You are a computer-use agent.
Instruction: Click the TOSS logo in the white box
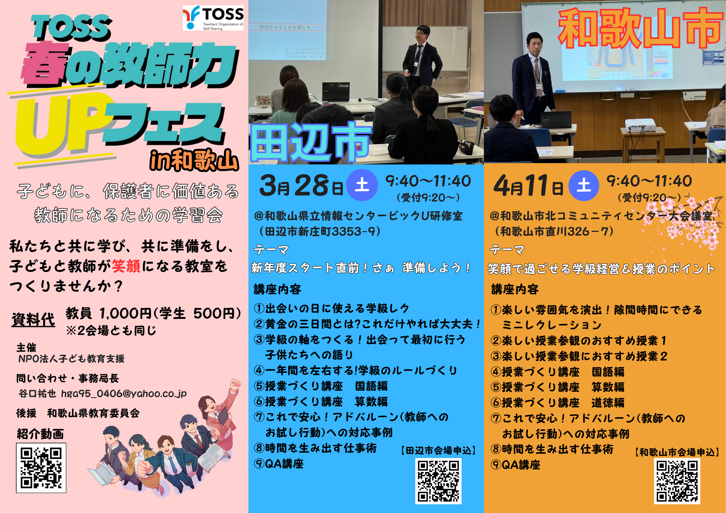pos(213,18)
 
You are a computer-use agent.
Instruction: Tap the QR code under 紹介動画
pos(41,468)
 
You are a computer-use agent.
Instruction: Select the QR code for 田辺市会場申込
pos(438,481)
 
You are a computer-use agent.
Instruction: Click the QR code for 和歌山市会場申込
pos(677,481)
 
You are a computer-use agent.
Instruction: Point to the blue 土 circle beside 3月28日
pos(362,185)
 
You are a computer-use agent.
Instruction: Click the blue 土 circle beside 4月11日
pos(584,185)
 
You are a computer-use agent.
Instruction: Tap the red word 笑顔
pos(126,266)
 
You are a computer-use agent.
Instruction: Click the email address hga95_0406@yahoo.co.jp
pos(124,394)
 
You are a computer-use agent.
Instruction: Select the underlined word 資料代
pos(33,320)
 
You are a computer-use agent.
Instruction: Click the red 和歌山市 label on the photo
pos(640,28)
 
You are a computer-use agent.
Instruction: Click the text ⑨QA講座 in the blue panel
pos(279,464)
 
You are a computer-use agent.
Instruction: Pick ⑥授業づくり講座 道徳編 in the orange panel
pos(558,402)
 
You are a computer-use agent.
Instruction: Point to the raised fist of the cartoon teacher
pos(236,384)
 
